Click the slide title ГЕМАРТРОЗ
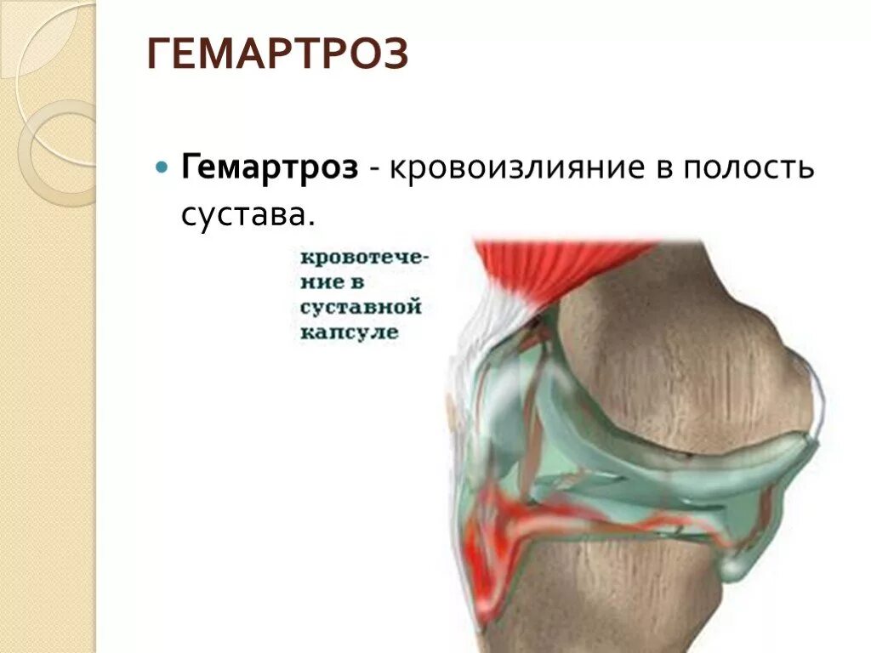pyautogui.click(x=278, y=55)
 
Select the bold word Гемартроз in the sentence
pyautogui.click(x=270, y=167)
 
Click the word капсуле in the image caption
pyautogui.click(x=349, y=332)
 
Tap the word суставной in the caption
pyautogui.click(x=361, y=306)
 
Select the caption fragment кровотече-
pyautogui.click(x=364, y=257)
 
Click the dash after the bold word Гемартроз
pyautogui.click(x=374, y=168)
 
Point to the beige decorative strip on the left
pyautogui.click(x=47, y=383)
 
